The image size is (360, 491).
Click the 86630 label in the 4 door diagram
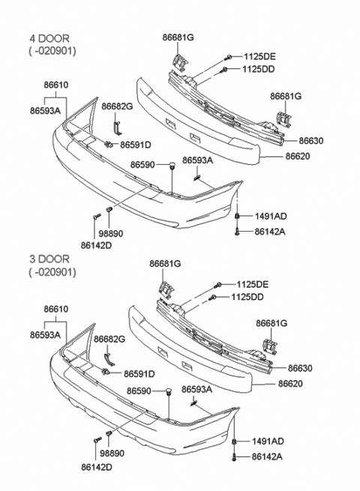pyautogui.click(x=310, y=141)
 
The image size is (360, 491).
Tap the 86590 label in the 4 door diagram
pyautogui.click(x=143, y=164)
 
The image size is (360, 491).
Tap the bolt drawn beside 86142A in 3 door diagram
pyautogui.click(x=237, y=457)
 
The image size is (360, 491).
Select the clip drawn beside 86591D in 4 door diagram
pyautogui.click(x=109, y=144)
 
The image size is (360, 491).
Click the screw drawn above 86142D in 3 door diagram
pyautogui.click(x=96, y=441)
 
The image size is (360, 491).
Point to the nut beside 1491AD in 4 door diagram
pyautogui.click(x=237, y=217)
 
